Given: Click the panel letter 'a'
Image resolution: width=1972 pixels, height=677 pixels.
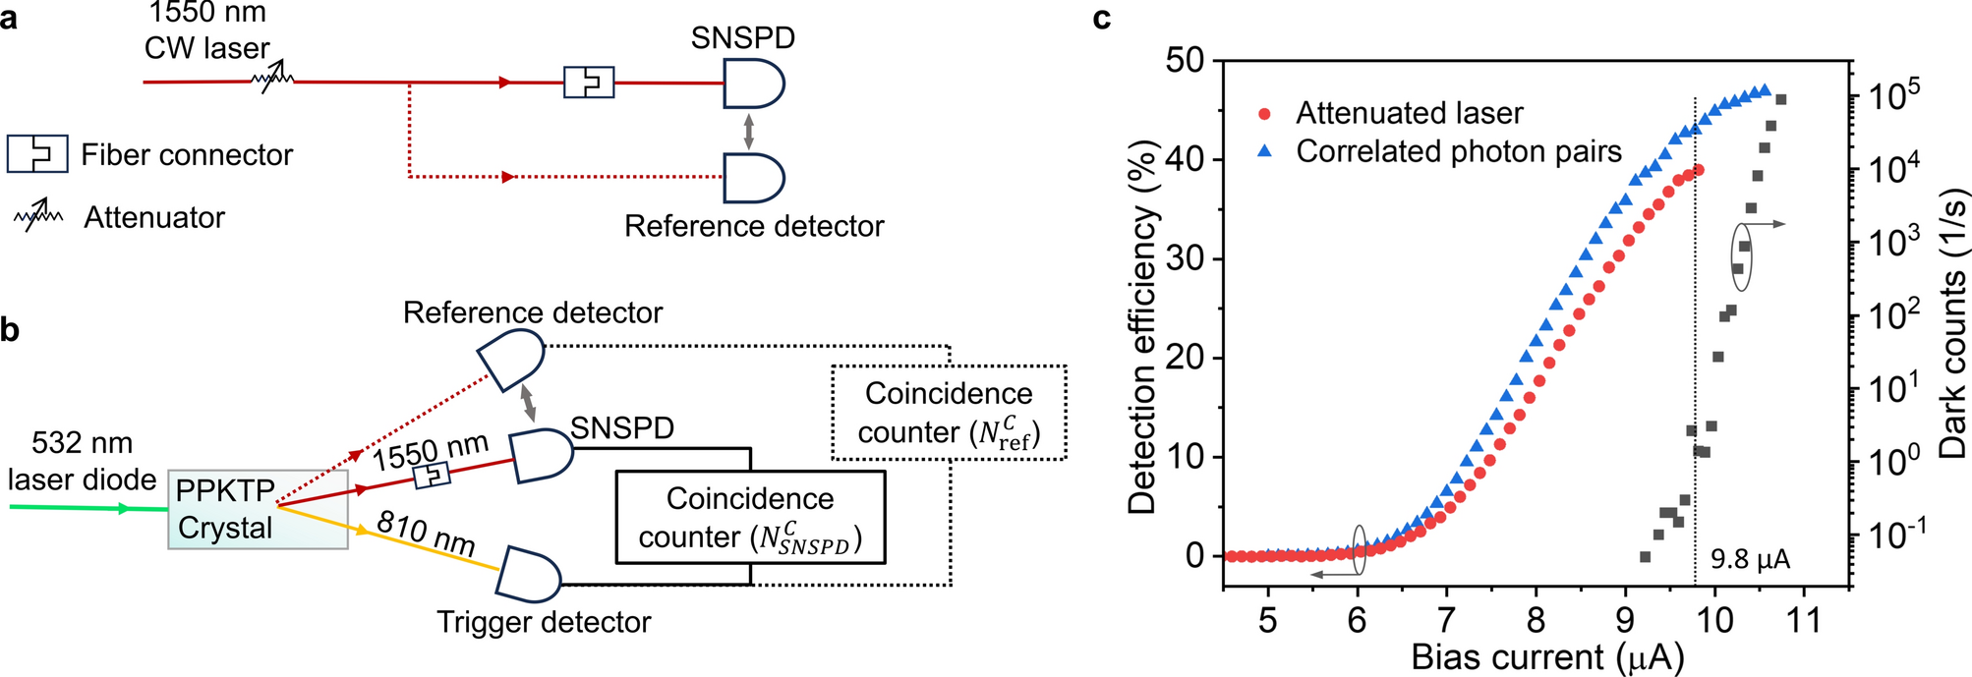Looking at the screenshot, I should (x=9, y=18).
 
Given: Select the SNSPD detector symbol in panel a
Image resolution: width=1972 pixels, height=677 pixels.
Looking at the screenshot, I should (x=752, y=83).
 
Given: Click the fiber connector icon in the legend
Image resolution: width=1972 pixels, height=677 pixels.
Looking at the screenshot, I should (x=37, y=154).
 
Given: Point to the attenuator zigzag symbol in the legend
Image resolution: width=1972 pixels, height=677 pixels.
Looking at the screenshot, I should (x=38, y=216).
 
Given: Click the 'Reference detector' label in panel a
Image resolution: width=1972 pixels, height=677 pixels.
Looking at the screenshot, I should (x=754, y=226).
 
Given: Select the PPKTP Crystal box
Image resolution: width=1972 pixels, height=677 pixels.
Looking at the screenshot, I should (x=258, y=509).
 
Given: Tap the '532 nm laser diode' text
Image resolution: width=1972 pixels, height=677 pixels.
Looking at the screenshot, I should (x=82, y=461).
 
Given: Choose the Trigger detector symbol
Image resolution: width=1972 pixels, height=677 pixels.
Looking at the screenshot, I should (x=528, y=575).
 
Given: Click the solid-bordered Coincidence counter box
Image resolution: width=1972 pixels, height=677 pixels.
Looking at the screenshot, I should (x=750, y=518).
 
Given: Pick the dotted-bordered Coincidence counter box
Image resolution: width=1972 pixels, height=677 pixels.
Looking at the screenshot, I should (x=949, y=413).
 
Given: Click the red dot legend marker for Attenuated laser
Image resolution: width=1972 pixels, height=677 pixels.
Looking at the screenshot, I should (x=1265, y=114).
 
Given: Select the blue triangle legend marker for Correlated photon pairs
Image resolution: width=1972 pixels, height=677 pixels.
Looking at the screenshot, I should (x=1265, y=151).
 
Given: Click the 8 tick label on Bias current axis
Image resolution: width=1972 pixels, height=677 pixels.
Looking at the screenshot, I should (x=1536, y=621).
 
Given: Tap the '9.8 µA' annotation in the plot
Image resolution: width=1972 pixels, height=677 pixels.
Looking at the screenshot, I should (x=1751, y=560).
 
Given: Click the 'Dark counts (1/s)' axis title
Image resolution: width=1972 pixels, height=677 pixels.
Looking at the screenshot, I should (x=1951, y=324).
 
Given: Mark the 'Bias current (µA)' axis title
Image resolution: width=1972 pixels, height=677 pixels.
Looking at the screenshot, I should (x=1547, y=656).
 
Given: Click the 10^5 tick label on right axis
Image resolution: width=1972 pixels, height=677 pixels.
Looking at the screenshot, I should (x=1893, y=96).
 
